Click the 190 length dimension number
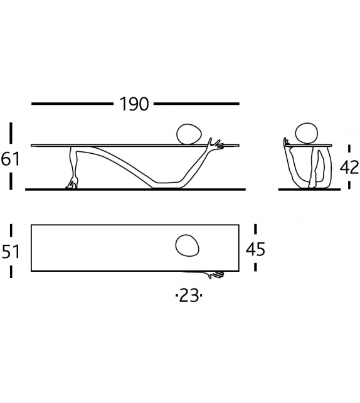pos(134,104)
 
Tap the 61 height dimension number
pos(11,159)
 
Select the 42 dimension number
pos(348,168)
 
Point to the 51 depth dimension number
pos(11,251)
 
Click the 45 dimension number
pos(255,250)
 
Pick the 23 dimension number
pos(189,295)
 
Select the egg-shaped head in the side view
pos(306,134)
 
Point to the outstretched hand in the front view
pos(218,144)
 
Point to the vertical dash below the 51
pos(11,271)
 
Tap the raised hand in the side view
pos(287,142)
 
